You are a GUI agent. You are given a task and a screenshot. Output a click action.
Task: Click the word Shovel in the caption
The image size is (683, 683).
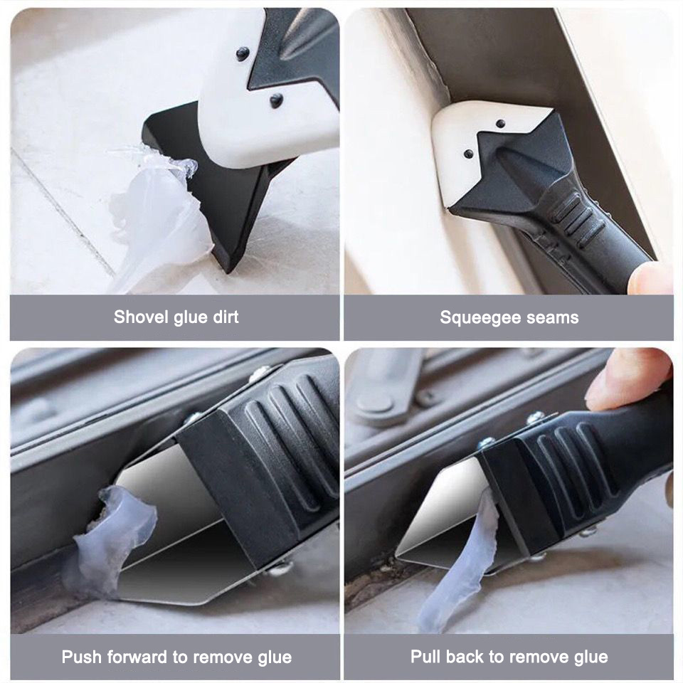140,317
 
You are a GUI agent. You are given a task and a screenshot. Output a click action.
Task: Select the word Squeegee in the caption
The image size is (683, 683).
475,317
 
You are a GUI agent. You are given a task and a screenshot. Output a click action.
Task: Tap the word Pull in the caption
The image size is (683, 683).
426,657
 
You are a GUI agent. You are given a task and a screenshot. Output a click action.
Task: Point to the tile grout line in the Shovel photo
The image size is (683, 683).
64,213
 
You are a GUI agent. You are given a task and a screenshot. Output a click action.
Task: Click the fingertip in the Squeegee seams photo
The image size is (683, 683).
651,279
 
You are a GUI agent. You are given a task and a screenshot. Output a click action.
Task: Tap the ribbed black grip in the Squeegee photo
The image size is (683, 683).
576,221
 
